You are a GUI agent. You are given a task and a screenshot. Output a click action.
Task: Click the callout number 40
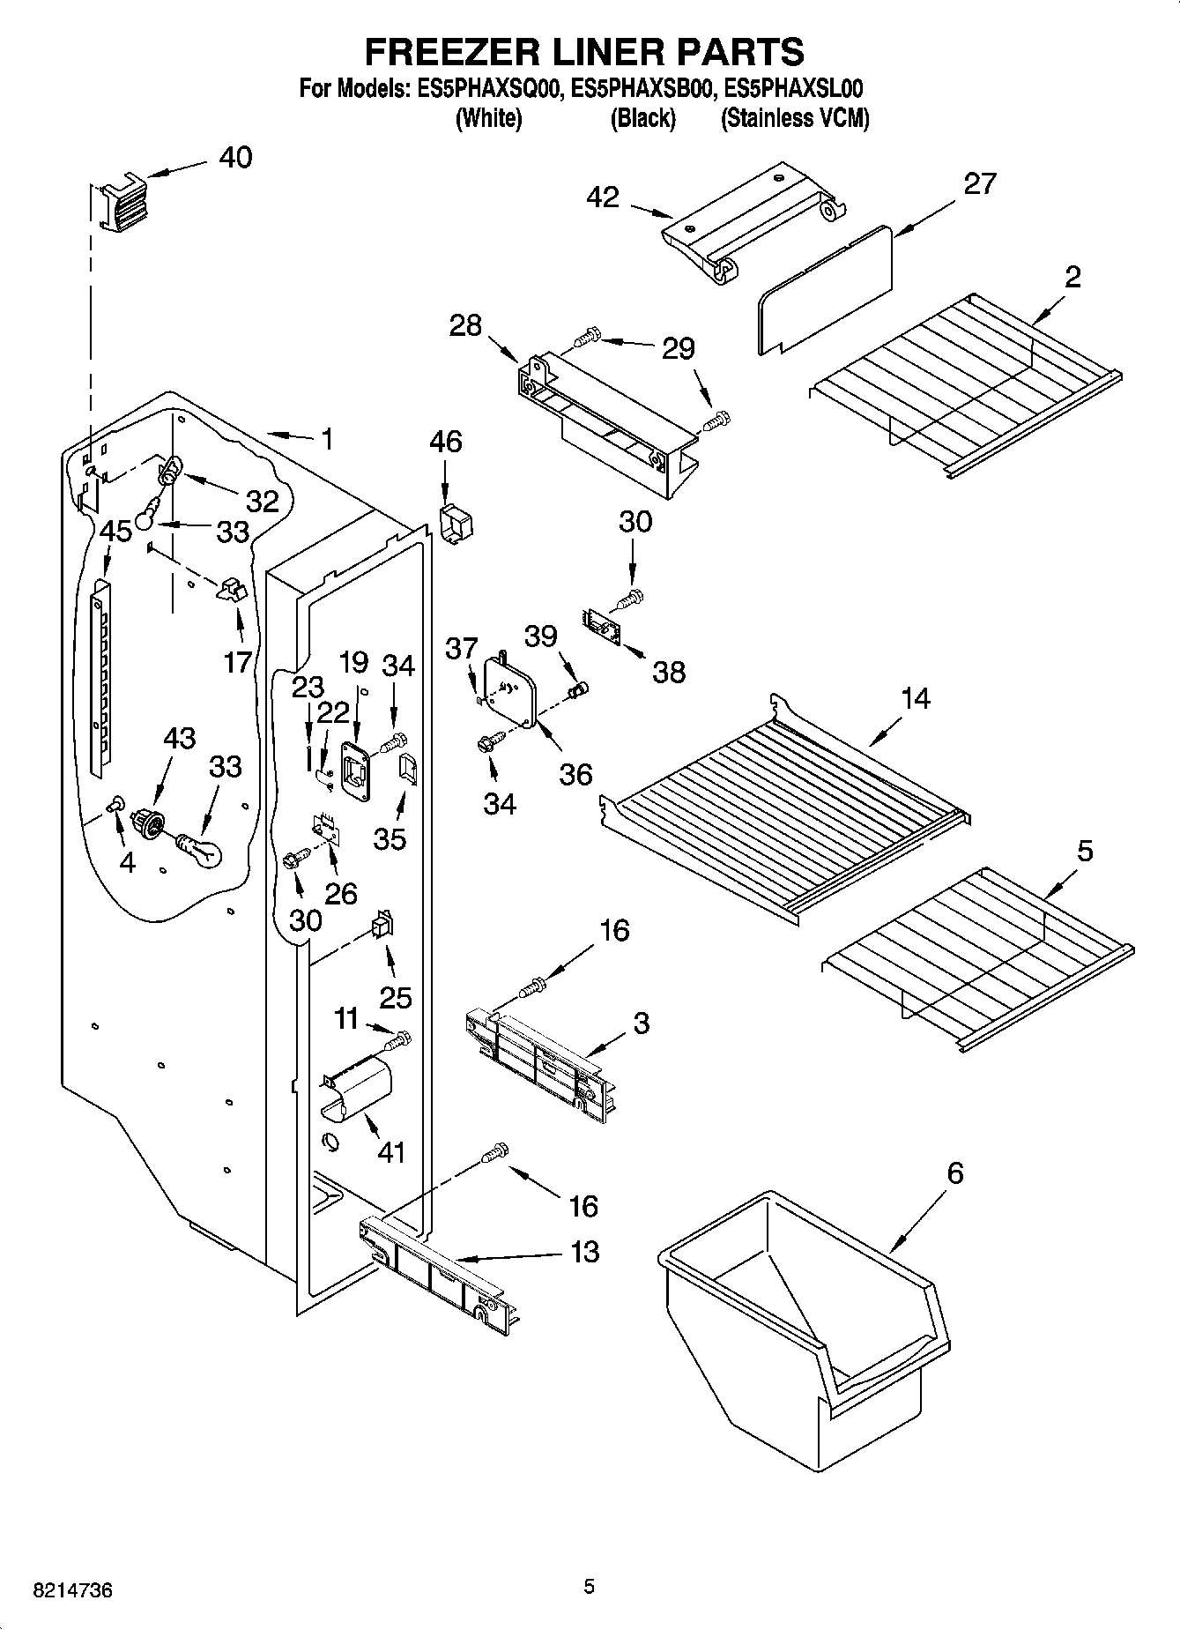tap(234, 158)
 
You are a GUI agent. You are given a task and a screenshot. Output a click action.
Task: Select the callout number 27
tap(979, 183)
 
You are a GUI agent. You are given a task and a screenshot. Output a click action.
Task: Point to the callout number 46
tap(446, 441)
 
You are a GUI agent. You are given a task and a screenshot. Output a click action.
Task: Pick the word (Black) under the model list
tap(642, 118)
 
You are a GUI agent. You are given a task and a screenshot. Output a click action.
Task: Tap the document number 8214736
tap(72, 1591)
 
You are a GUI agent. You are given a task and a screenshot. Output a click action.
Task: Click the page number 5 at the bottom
tap(589, 1587)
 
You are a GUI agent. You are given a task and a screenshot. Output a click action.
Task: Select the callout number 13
tap(585, 1252)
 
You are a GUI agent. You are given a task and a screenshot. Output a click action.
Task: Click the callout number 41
tap(390, 1151)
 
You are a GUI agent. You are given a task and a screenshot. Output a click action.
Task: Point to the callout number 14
tap(915, 698)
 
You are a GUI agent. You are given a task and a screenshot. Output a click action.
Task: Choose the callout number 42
tap(603, 197)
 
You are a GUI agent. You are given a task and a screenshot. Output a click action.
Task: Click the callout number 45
tap(115, 531)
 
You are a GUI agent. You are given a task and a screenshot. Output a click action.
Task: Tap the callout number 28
tap(465, 325)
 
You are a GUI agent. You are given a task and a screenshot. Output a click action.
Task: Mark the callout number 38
tap(669, 672)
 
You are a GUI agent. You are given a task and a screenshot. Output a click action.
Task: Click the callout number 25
tap(396, 997)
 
